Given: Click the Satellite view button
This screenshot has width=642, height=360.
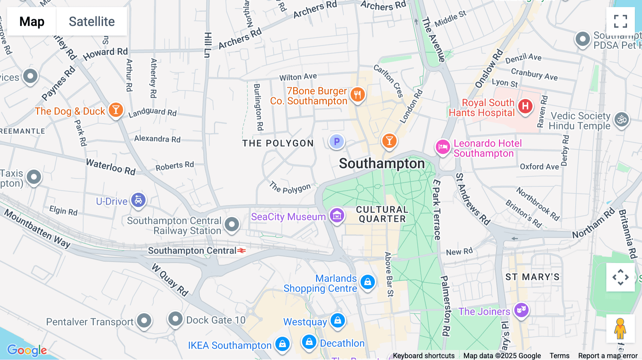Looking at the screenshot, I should [92, 21].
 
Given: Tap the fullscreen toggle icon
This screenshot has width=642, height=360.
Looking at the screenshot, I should [620, 21].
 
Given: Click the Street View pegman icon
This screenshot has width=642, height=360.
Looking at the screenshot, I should [620, 328].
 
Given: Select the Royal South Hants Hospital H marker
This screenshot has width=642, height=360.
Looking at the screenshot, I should [525, 106].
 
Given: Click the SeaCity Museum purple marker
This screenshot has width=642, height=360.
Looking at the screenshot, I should [337, 215].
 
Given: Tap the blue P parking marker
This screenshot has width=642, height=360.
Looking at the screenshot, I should [336, 142].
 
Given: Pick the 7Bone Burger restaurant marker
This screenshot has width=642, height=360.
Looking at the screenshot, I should [357, 95].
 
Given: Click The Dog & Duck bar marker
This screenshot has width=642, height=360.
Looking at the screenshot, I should [116, 110].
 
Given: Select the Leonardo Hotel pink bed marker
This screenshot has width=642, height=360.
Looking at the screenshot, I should [443, 146].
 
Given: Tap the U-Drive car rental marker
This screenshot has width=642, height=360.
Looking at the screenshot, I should [138, 200].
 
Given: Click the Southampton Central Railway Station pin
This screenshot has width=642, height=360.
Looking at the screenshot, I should [232, 225].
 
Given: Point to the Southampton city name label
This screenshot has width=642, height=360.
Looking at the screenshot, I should [382, 164].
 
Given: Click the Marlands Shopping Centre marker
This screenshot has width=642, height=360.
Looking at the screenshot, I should [367, 282].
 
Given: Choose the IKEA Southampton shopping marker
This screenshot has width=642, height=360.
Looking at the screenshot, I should [282, 344].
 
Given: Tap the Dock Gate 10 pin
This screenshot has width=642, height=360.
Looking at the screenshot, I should [175, 319].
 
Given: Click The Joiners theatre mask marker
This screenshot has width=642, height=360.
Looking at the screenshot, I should [521, 310].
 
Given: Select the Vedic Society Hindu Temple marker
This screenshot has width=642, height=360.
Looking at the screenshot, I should [622, 120].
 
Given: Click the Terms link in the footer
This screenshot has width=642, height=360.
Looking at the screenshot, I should [559, 355].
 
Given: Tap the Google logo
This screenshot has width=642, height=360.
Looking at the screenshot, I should [27, 350].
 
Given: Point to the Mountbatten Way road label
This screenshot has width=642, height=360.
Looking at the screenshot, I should [37, 228].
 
